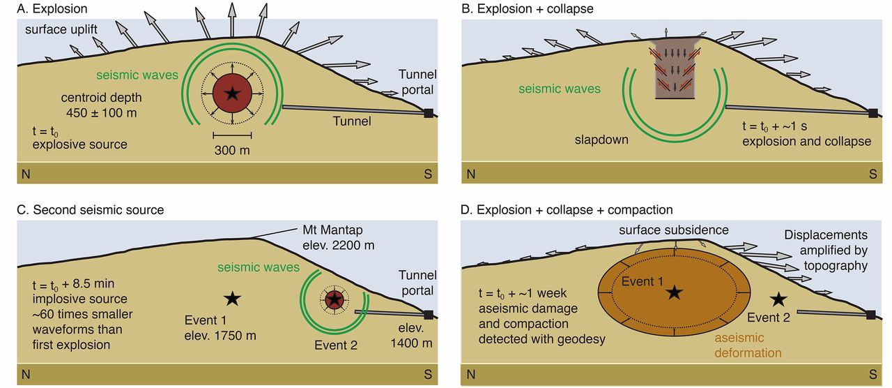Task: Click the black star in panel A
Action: [x=232, y=94]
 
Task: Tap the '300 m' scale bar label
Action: [x=232, y=150]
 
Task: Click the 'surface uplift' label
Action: [x=61, y=30]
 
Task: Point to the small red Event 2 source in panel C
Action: [x=335, y=299]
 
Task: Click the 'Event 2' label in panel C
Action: [x=336, y=344]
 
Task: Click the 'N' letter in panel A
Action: [x=26, y=174]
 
